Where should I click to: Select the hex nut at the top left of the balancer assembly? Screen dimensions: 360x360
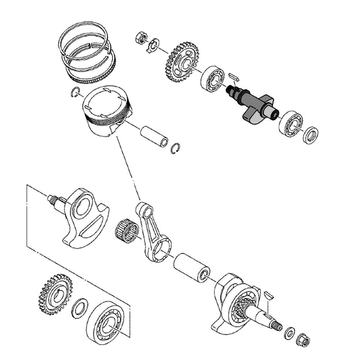[141, 38]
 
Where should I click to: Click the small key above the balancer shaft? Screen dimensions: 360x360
[233, 76]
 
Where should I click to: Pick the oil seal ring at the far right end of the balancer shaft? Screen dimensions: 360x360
[310, 135]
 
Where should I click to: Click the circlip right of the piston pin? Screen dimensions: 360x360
[175, 148]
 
